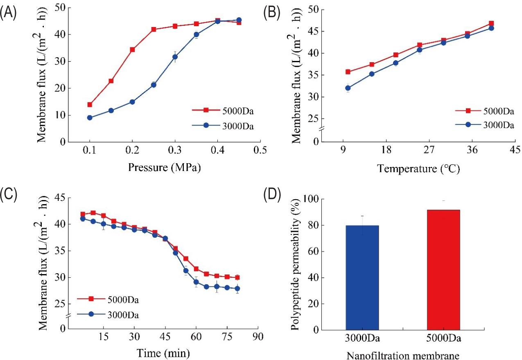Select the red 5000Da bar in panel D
[443, 270]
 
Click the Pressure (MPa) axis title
[165, 167]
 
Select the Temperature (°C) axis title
[418, 168]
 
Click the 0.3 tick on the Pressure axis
[175, 151]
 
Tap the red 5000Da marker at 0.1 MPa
[90, 105]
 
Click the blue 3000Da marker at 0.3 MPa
[175, 57]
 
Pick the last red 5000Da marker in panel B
[491, 23]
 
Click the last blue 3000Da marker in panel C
[237, 289]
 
